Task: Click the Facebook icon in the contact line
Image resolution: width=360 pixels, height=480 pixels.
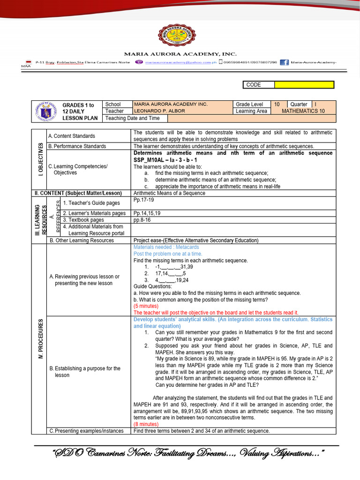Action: click(x=284, y=62)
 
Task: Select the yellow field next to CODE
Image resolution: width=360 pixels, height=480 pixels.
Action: click(x=304, y=85)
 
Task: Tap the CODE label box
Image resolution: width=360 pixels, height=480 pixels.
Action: click(x=258, y=85)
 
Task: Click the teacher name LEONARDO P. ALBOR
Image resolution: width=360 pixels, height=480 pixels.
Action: click(x=159, y=111)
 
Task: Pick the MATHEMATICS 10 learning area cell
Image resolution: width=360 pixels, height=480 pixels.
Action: click(x=303, y=111)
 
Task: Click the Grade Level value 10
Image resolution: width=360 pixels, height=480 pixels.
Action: click(x=277, y=104)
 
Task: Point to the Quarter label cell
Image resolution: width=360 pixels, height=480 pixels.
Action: click(x=299, y=104)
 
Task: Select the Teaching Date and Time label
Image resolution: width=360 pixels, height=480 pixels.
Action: click(x=126, y=118)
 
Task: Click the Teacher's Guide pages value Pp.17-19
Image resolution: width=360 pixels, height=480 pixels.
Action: click(x=144, y=200)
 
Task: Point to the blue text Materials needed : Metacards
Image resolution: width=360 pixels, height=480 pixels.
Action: click(x=166, y=247)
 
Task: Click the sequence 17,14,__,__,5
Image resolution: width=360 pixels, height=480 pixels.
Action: click(x=171, y=273)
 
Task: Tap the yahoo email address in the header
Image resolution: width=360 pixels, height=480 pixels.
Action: click(x=180, y=62)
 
